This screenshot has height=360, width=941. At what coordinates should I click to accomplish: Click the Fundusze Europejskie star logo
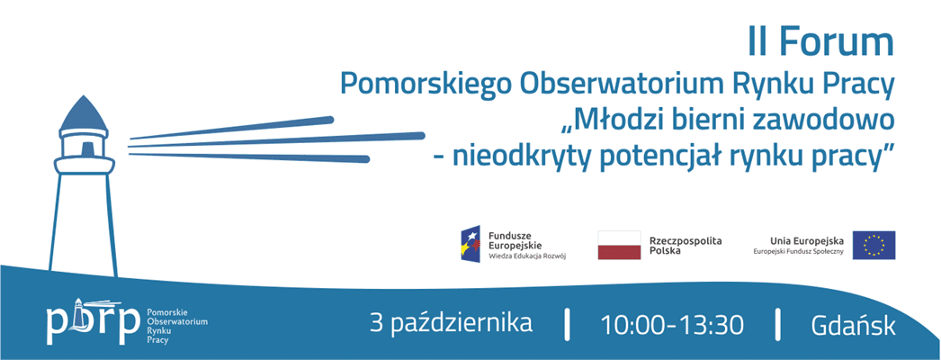click(x=470, y=243)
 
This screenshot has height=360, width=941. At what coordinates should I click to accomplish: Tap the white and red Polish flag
click(x=619, y=245)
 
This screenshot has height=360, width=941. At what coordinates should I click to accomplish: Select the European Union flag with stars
click(x=874, y=245)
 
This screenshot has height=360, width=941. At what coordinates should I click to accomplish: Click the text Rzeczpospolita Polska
click(x=686, y=246)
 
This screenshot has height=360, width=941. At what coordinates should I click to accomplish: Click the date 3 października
click(x=452, y=323)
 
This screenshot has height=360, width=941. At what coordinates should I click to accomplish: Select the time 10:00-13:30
click(x=671, y=325)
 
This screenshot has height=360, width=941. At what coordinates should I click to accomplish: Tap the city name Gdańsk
click(x=853, y=325)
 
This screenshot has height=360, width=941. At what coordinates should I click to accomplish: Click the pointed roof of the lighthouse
click(x=84, y=114)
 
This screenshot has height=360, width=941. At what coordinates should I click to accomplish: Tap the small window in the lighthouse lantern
click(x=87, y=148)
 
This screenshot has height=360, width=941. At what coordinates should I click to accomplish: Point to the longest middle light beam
click(x=277, y=140)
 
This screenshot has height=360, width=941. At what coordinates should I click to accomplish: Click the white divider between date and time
click(x=567, y=324)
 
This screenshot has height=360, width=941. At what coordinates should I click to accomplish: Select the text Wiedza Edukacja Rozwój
click(x=527, y=255)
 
